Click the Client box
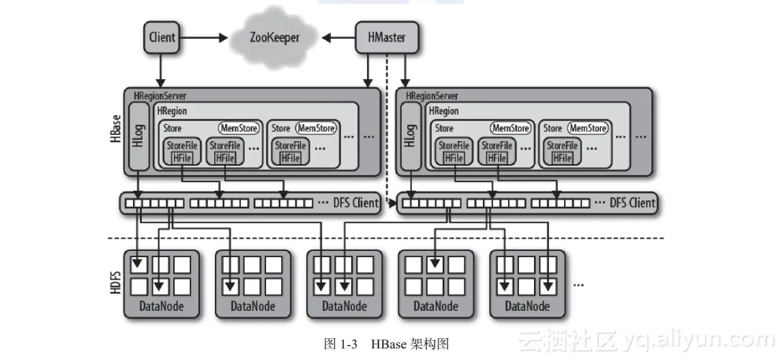point(162,37)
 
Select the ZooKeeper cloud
point(274,37)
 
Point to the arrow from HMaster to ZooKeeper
point(339,37)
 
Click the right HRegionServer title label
point(432,96)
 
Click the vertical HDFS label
point(115,282)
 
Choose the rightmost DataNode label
point(527,307)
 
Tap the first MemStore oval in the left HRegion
point(239,128)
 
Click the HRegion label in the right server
point(443,110)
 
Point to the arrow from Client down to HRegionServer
point(162,69)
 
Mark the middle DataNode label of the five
point(344,307)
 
